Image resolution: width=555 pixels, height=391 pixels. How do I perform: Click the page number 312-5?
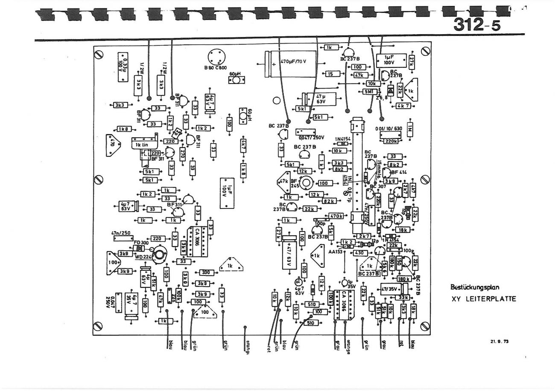click(x=477, y=25)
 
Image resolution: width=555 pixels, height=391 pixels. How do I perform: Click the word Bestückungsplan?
click(x=474, y=288)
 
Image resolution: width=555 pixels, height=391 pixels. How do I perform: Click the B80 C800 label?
click(x=215, y=67)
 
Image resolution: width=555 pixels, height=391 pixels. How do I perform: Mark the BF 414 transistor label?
click(x=399, y=172)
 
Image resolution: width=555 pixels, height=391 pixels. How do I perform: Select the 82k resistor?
click(x=329, y=201)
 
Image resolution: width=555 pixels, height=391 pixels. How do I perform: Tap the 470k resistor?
click(x=336, y=216)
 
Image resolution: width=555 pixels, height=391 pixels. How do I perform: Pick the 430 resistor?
click(x=359, y=253)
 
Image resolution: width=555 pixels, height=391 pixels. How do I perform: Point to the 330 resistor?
click(x=205, y=272)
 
